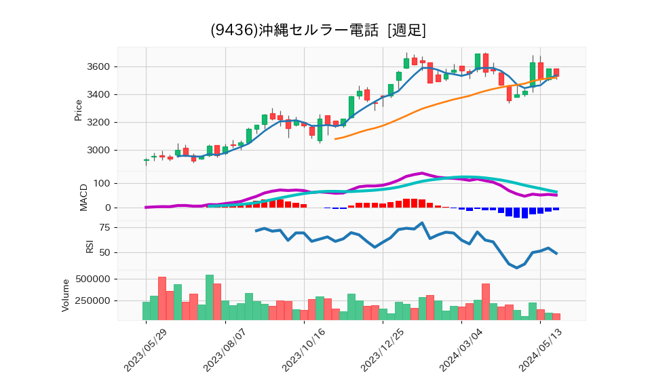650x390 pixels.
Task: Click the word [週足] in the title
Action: [x=406, y=31]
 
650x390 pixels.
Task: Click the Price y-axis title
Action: [x=78, y=110]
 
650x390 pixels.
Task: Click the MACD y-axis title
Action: [x=84, y=197]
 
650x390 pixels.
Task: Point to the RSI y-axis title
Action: [x=90, y=246]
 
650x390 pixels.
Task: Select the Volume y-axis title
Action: [x=66, y=295]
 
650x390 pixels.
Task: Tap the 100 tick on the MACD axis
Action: [x=102, y=184]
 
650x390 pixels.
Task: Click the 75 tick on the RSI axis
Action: [x=105, y=228]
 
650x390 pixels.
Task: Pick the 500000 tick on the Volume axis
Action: [x=93, y=279]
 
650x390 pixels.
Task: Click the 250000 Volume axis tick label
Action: [x=93, y=301]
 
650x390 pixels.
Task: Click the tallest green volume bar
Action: [x=210, y=297]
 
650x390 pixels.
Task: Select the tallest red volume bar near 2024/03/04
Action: [x=486, y=302]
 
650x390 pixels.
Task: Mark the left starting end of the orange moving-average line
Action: [x=336, y=139]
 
